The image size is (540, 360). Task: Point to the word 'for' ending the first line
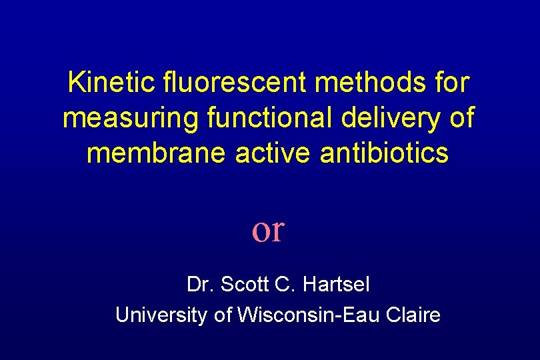(453, 83)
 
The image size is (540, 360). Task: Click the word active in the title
(277, 153)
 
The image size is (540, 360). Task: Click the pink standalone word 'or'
(268, 230)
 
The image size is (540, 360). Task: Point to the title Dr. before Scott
(199, 285)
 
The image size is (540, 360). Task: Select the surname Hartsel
(337, 285)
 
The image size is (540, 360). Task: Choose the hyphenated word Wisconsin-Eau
(307, 315)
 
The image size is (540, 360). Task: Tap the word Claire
(413, 315)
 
